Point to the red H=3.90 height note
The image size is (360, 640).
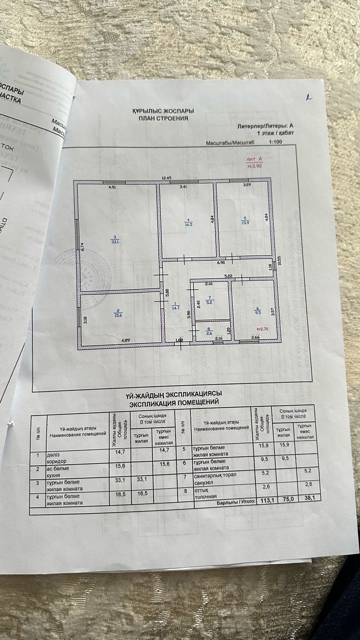point(254,166)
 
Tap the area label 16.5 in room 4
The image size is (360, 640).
point(188,225)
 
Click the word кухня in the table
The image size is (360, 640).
point(54,476)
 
